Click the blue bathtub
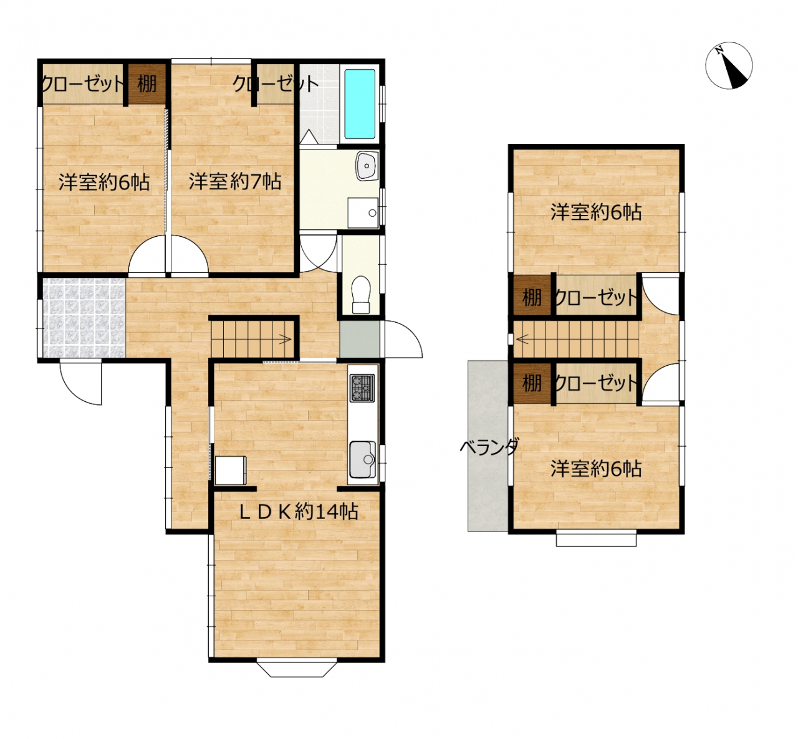360,104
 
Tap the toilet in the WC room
361,294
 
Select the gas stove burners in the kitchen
362,388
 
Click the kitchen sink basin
362,459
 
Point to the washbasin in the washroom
367,166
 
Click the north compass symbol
729,65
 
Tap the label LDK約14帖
299,512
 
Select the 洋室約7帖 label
234,181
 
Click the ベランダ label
489,447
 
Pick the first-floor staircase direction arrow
286,340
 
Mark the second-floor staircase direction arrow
522,340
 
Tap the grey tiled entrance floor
84,317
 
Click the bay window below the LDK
297,669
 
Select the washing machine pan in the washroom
363,213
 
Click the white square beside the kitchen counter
231,470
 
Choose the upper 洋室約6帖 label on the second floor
595,212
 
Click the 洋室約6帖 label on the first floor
104,182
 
